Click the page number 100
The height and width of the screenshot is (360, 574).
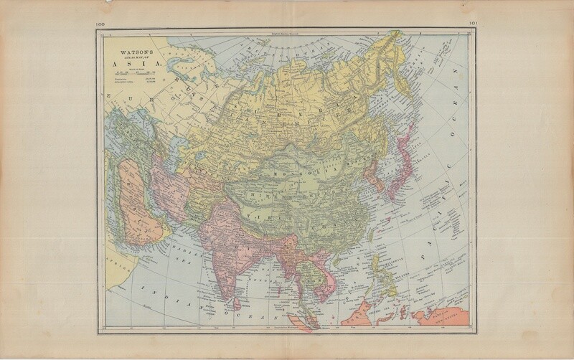click(x=98, y=24)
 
